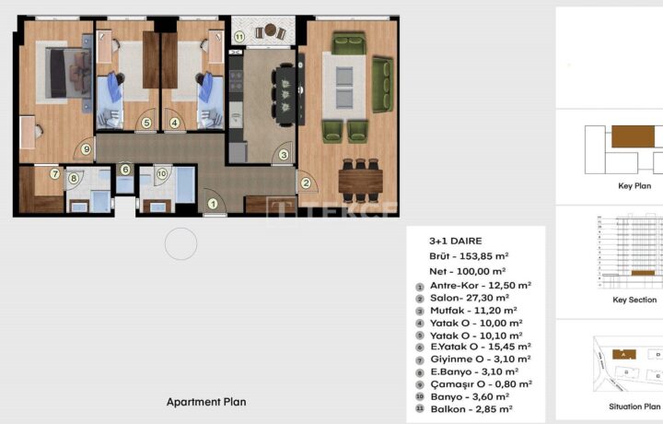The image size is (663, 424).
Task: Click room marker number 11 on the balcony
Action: tap(239, 37)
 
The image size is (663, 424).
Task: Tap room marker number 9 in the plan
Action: tap(87, 149)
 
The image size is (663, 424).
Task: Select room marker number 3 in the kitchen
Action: tap(284, 155)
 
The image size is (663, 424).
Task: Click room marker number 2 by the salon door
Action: tap(306, 183)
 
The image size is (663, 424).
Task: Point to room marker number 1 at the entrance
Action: tap(213, 205)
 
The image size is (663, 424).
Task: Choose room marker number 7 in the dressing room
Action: tap(54, 173)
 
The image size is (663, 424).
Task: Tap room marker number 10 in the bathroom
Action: tap(162, 173)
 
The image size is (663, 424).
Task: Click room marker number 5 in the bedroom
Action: tap(146, 124)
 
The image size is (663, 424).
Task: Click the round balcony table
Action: tap(271, 30)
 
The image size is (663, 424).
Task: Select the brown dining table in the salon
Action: tap(361, 181)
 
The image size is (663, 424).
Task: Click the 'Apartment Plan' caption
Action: tap(206, 402)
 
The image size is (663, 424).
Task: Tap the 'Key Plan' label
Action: tap(634, 186)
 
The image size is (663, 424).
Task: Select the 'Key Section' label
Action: tap(634, 300)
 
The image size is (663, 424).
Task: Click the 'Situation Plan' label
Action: tap(634, 406)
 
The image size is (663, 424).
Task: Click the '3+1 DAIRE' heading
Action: tap(456, 241)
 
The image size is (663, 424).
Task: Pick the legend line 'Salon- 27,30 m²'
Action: tap(470, 298)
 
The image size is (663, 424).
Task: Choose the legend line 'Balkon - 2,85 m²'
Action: tap(471, 409)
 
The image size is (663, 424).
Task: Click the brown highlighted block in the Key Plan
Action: tap(633, 136)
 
